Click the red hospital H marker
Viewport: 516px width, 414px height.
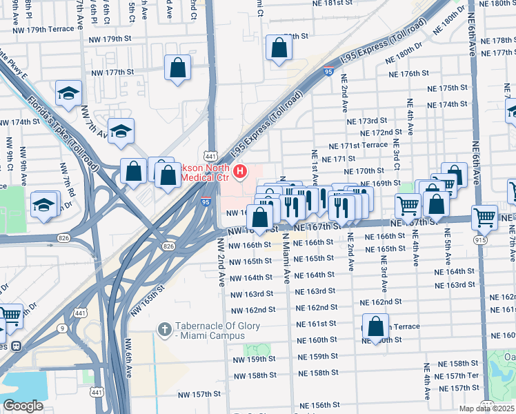coord(240,171)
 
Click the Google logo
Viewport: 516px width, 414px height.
coord(23,406)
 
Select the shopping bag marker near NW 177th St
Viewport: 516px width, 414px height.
coord(178,68)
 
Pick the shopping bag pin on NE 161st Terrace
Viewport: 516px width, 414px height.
coord(376,328)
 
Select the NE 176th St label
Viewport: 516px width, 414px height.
coord(408,73)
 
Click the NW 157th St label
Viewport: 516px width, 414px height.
coord(199,394)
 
